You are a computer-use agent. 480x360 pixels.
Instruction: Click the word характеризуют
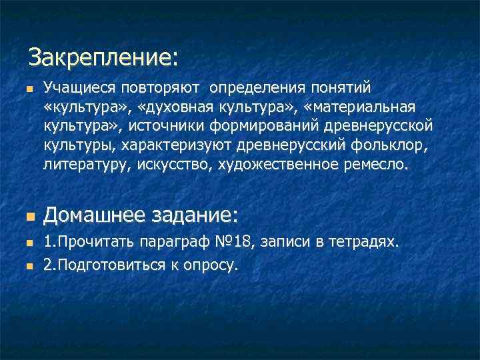click(x=166, y=145)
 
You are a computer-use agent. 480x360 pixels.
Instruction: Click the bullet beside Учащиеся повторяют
click(x=27, y=89)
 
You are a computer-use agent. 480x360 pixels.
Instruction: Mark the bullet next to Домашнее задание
click(x=27, y=217)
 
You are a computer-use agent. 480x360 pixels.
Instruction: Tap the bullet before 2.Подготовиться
click(x=27, y=265)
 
